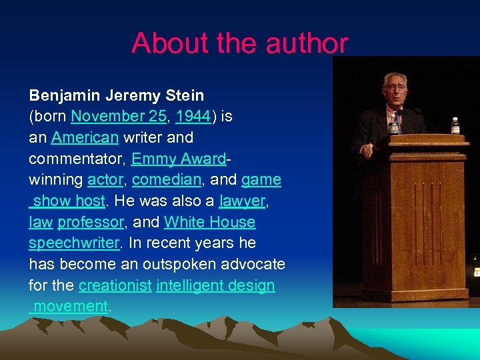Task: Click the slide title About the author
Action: (239, 43)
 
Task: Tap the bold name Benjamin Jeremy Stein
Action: (116, 95)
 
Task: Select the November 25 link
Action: (118, 116)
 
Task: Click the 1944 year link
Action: (193, 116)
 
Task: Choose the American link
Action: (85, 137)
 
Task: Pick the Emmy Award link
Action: (179, 159)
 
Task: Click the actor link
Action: (105, 180)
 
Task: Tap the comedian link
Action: (166, 180)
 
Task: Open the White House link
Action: (209, 222)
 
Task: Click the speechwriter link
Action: (73, 243)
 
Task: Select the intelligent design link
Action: (215, 286)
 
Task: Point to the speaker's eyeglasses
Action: (395, 87)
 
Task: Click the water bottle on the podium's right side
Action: (455, 125)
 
